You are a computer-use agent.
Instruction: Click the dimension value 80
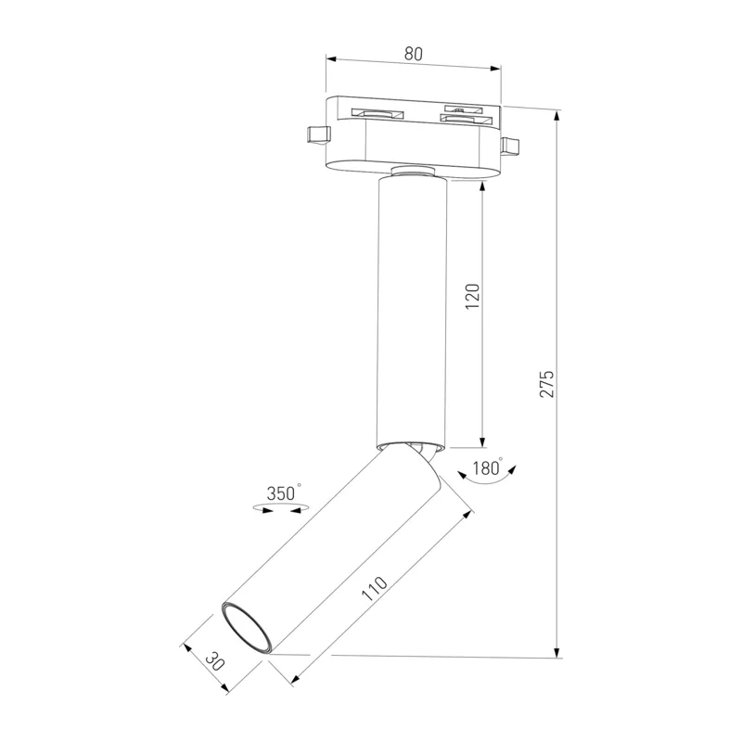click(413, 54)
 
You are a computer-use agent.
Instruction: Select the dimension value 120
click(472, 297)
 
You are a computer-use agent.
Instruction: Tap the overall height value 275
click(546, 384)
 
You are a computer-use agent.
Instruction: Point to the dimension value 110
click(375, 588)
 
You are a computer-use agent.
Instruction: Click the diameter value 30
click(215, 660)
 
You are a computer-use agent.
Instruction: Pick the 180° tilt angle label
click(488, 468)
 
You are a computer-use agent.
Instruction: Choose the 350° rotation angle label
click(283, 493)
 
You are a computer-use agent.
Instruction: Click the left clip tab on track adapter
click(318, 134)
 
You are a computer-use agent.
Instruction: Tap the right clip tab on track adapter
click(509, 146)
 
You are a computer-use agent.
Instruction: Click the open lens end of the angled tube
click(247, 627)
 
